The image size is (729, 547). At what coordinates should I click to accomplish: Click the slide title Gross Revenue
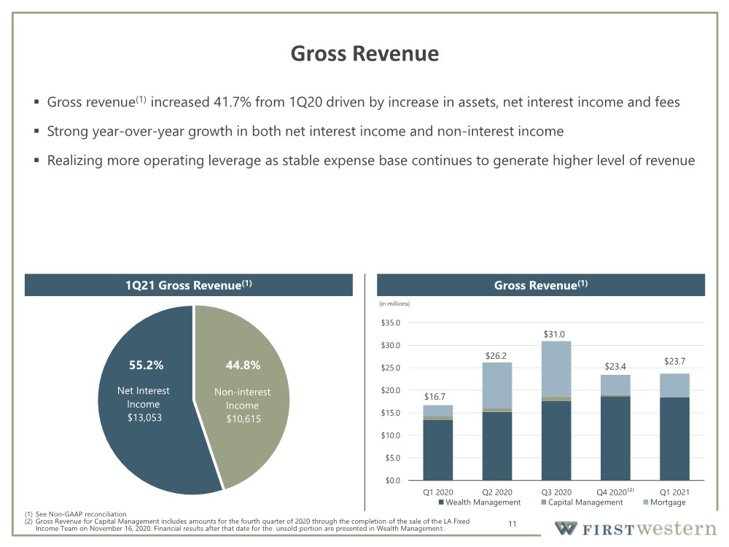click(x=364, y=53)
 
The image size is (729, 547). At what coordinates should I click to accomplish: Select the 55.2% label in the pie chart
click(x=146, y=365)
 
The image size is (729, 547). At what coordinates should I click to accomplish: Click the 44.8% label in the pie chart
click(x=243, y=365)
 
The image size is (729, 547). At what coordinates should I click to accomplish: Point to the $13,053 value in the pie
click(x=144, y=417)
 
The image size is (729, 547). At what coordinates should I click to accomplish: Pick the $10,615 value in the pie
click(x=243, y=419)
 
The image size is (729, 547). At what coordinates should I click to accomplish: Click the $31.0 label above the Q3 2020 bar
click(x=554, y=335)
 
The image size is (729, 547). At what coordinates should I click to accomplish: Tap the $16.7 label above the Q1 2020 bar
click(x=434, y=397)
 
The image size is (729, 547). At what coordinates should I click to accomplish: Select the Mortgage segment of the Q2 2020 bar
click(x=497, y=386)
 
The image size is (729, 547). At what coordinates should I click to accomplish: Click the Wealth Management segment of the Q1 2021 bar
click(x=674, y=438)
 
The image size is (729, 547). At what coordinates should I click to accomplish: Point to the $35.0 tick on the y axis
click(x=391, y=323)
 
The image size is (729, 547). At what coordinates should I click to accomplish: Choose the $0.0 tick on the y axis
click(x=392, y=481)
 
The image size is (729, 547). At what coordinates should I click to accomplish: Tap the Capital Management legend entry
click(x=582, y=503)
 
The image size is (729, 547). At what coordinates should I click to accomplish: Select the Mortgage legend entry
click(x=664, y=503)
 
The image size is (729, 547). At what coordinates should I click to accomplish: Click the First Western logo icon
click(x=566, y=528)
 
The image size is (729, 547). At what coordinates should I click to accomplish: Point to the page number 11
click(x=512, y=524)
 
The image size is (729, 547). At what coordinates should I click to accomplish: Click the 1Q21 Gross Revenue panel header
click(x=189, y=285)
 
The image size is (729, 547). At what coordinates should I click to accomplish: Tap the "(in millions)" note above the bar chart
click(x=394, y=303)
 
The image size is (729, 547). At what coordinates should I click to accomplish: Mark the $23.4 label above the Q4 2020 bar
click(x=615, y=367)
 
